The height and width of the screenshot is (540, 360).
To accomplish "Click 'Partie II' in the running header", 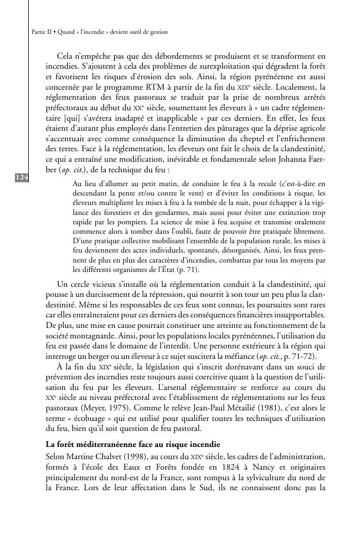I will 37,32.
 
